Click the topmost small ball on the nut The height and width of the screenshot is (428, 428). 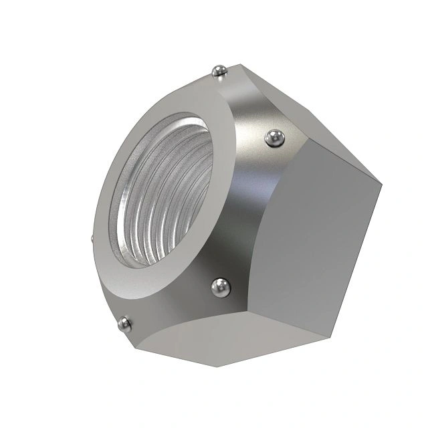click(217, 70)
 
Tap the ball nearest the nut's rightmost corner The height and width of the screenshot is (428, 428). click(274, 138)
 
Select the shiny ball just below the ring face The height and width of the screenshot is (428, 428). click(220, 288)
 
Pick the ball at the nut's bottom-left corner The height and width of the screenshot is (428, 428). click(124, 324)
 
